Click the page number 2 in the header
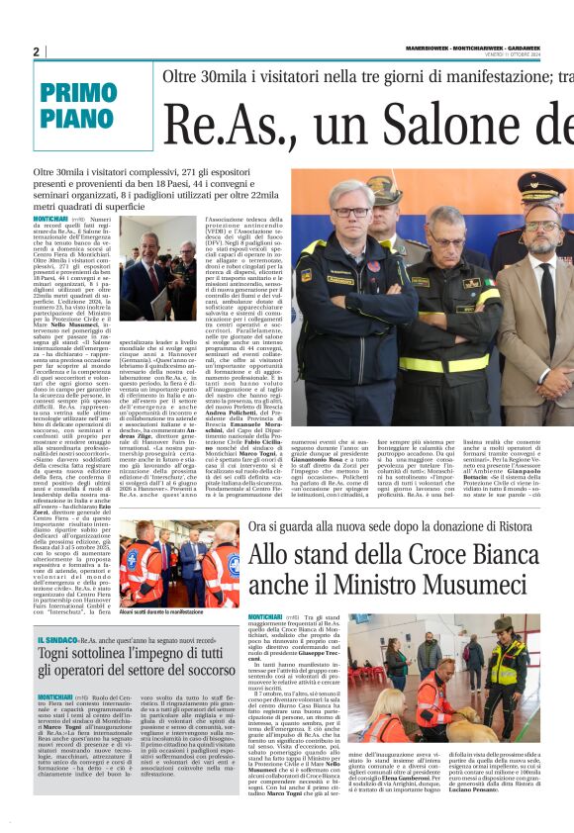click(x=37, y=51)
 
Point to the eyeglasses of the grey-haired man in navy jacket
click(x=352, y=212)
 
